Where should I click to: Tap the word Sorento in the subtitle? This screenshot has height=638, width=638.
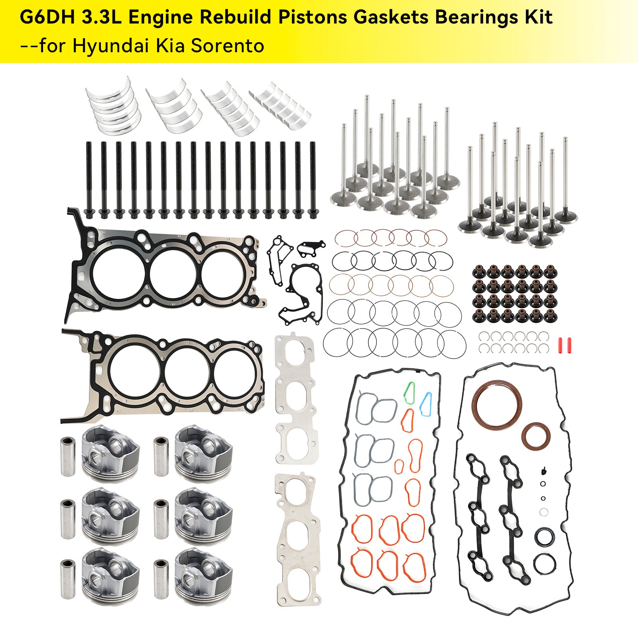click(x=227, y=45)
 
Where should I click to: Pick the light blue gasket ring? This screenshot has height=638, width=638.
click(x=426, y=404)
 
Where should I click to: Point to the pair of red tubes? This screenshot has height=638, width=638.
click(x=564, y=345)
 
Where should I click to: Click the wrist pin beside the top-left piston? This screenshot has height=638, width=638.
click(x=68, y=457)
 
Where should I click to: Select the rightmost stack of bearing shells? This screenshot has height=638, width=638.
click(x=281, y=105)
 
